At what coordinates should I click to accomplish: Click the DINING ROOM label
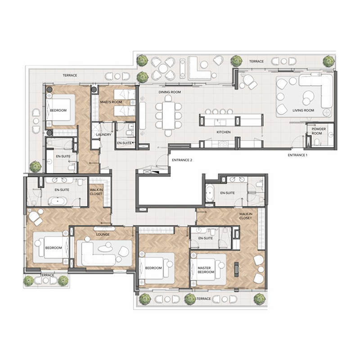(x=170, y=92)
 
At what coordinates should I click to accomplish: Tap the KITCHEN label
(x=224, y=132)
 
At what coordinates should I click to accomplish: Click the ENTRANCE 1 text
(x=297, y=155)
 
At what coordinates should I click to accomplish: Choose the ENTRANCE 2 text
(x=181, y=160)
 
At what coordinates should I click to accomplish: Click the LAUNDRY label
(x=103, y=135)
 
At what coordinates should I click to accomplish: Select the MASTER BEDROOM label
(x=206, y=270)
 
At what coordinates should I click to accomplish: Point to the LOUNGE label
(x=103, y=234)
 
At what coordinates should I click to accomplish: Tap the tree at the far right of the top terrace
(x=329, y=61)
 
